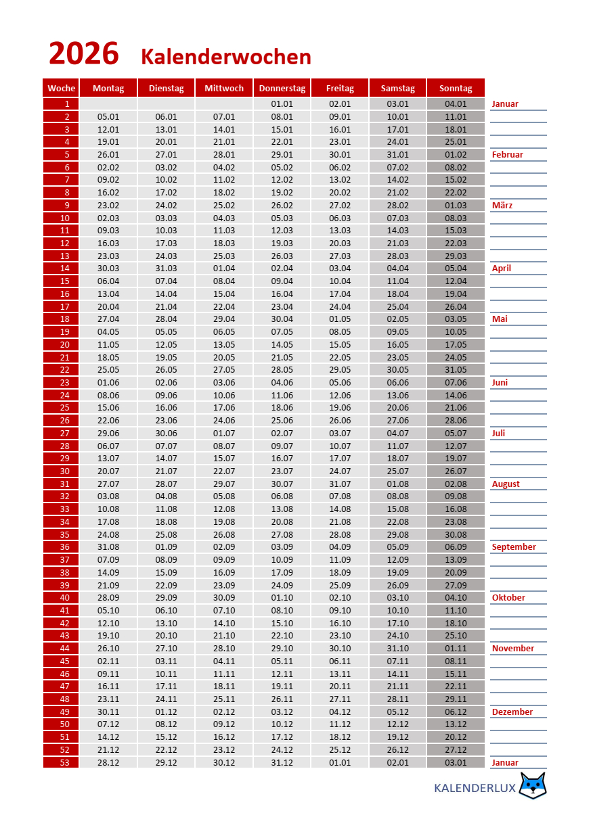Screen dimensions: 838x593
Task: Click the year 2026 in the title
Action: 84,54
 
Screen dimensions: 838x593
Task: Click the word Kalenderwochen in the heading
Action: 226,57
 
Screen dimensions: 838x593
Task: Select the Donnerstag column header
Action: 282,89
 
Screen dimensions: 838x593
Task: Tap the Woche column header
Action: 61,89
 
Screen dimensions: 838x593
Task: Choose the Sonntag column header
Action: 456,89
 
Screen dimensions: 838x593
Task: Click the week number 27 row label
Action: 61,434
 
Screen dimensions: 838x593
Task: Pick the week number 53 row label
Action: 61,763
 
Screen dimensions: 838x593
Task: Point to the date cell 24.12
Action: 282,750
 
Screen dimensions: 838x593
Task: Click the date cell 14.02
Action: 398,180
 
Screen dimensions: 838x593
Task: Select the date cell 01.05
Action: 340,319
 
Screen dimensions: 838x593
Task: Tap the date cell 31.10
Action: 398,649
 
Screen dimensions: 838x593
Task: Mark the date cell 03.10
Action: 398,598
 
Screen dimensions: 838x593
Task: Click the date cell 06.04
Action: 108,281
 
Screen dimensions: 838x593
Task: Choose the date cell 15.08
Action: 398,509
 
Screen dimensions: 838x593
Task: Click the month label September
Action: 514,547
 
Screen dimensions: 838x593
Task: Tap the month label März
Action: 502,206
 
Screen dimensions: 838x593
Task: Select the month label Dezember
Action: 512,712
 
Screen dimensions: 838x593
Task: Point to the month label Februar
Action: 508,155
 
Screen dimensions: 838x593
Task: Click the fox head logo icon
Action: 533,786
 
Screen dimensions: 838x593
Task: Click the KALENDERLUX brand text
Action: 475,788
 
